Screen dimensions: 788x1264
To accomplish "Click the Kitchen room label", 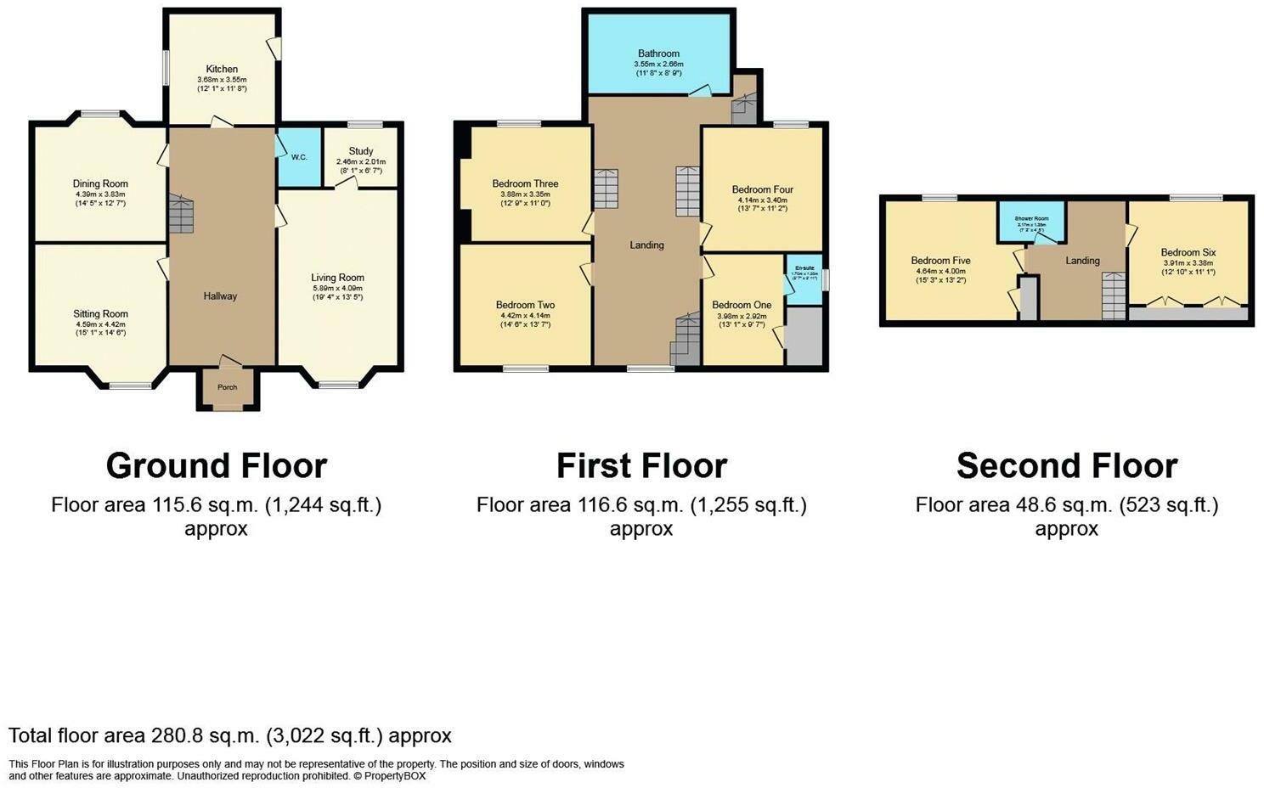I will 222,69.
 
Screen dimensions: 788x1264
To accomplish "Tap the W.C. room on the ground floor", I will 299,157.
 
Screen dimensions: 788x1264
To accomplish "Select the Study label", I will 360,151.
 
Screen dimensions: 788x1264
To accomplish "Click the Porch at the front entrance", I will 227,388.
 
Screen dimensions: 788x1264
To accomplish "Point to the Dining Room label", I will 100,183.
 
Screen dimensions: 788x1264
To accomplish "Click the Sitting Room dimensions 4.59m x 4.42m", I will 100,324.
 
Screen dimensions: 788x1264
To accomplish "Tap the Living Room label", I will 337,278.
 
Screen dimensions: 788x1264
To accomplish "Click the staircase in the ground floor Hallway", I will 181,214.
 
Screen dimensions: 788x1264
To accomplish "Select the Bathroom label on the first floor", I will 658,53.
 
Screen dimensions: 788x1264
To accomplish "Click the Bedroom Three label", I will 525,183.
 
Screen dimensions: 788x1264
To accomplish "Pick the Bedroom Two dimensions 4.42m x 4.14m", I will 525,315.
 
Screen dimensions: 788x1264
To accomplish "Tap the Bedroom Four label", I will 762,189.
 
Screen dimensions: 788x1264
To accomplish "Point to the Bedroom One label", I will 742,305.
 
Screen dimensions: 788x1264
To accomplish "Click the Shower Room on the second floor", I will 1031,223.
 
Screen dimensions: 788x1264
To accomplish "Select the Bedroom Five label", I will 940,261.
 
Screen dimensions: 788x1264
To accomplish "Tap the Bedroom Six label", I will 1188,252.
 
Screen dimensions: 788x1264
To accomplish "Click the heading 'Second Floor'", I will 1066,466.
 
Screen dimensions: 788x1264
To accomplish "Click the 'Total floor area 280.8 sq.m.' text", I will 229,735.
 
